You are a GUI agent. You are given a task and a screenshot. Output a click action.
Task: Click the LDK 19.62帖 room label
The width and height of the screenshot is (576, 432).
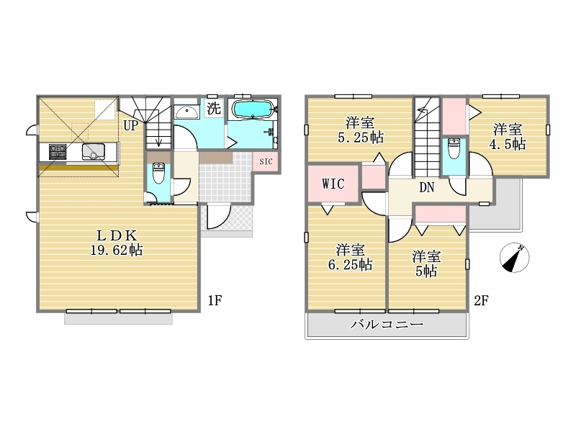[x=117, y=243]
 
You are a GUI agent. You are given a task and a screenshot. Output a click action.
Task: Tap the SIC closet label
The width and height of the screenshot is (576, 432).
[x=266, y=161]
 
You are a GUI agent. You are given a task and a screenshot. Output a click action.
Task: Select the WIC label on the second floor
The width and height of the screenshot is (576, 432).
[x=333, y=184]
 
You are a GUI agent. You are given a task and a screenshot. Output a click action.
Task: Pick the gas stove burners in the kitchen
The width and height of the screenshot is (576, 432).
[x=58, y=152]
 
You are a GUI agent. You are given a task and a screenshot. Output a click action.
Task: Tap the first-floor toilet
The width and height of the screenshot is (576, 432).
[x=158, y=174]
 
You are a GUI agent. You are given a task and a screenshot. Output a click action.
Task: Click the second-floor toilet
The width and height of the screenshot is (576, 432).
[x=454, y=148]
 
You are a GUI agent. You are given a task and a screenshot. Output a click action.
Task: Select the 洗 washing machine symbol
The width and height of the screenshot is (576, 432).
[x=213, y=108]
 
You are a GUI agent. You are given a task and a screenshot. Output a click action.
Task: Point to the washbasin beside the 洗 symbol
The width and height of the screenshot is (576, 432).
[x=187, y=111]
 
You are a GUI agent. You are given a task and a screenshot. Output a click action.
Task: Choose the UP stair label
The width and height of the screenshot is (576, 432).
[x=131, y=125]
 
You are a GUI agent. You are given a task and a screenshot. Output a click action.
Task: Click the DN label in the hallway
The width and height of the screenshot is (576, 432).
[x=426, y=188]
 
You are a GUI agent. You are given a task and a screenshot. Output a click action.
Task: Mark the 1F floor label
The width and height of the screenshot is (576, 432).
[x=215, y=300]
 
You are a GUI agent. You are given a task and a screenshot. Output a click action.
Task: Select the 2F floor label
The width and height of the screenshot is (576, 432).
[x=481, y=300]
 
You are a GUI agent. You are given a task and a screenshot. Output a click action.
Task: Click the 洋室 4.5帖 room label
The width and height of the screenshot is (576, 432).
[x=508, y=137]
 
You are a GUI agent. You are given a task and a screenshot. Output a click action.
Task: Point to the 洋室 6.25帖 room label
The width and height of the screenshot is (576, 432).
[x=350, y=257]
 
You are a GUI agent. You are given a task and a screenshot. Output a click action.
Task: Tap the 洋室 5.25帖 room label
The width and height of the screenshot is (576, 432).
[x=361, y=130]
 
